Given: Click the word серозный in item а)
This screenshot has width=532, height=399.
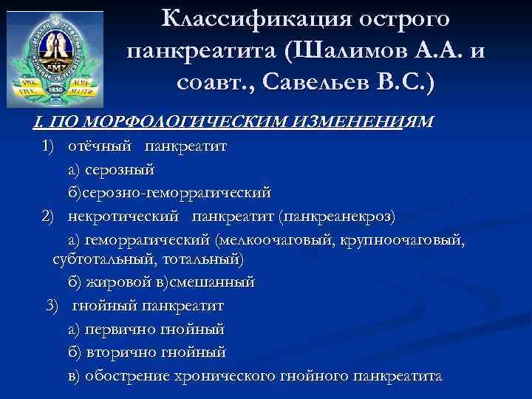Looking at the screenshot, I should pyautogui.click(x=120, y=169).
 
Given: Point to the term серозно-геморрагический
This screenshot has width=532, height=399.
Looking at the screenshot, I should pyautogui.click(x=177, y=193).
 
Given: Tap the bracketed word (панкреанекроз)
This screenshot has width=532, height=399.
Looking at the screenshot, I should pyautogui.click(x=337, y=216).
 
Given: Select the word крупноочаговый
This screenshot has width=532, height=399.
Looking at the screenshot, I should pyautogui.click(x=409, y=240).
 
